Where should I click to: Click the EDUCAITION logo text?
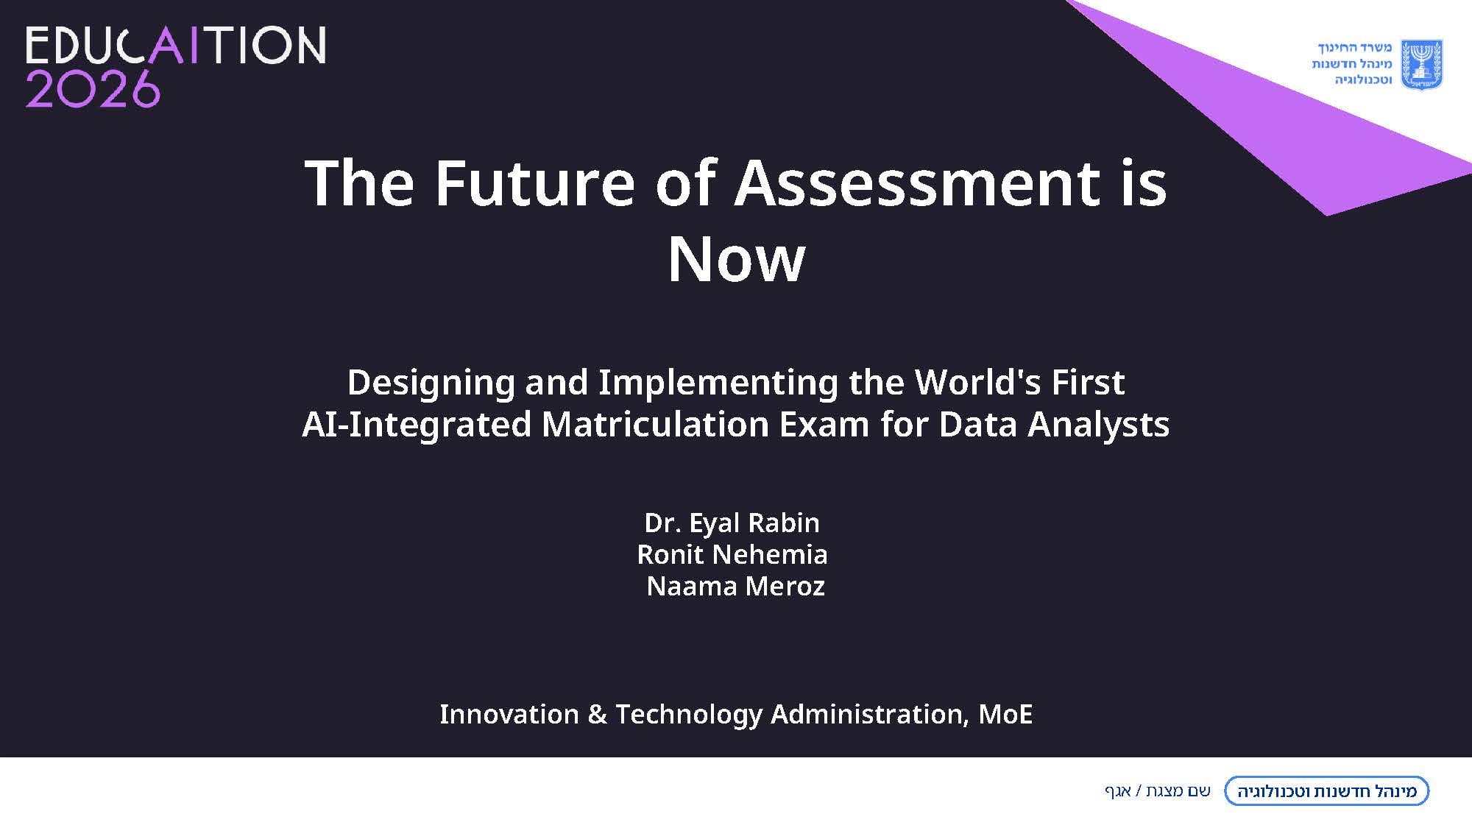point(176,46)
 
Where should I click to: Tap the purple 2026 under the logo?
point(93,90)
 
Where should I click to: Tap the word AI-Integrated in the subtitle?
point(417,425)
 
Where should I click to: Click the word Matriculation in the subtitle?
point(655,425)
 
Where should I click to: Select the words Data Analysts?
point(1054,425)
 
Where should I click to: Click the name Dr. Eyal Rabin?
point(732,523)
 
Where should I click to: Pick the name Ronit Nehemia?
point(732,554)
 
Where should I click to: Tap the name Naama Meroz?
point(735,587)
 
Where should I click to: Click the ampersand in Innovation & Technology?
point(597,715)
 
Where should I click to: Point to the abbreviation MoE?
point(1005,714)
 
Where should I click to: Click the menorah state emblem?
point(1420,65)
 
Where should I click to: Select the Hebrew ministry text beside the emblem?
point(1352,63)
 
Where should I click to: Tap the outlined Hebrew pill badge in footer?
point(1326,791)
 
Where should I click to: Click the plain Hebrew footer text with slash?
point(1157,791)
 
